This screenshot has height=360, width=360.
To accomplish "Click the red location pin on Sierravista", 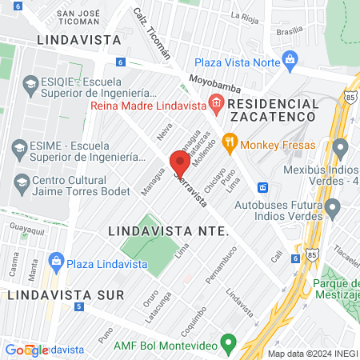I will coord(180,162).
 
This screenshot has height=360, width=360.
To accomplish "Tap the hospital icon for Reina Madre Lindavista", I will coord(214,102).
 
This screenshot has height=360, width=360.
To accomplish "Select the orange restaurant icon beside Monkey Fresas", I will coord(230,142).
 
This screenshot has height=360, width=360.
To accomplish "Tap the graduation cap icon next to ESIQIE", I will coord(30,85).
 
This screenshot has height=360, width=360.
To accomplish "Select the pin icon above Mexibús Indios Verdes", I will coord(341,148).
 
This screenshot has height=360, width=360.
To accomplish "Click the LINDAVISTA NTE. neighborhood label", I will coord(167,230).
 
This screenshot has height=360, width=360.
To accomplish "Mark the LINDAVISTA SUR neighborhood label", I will coord(63,294).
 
